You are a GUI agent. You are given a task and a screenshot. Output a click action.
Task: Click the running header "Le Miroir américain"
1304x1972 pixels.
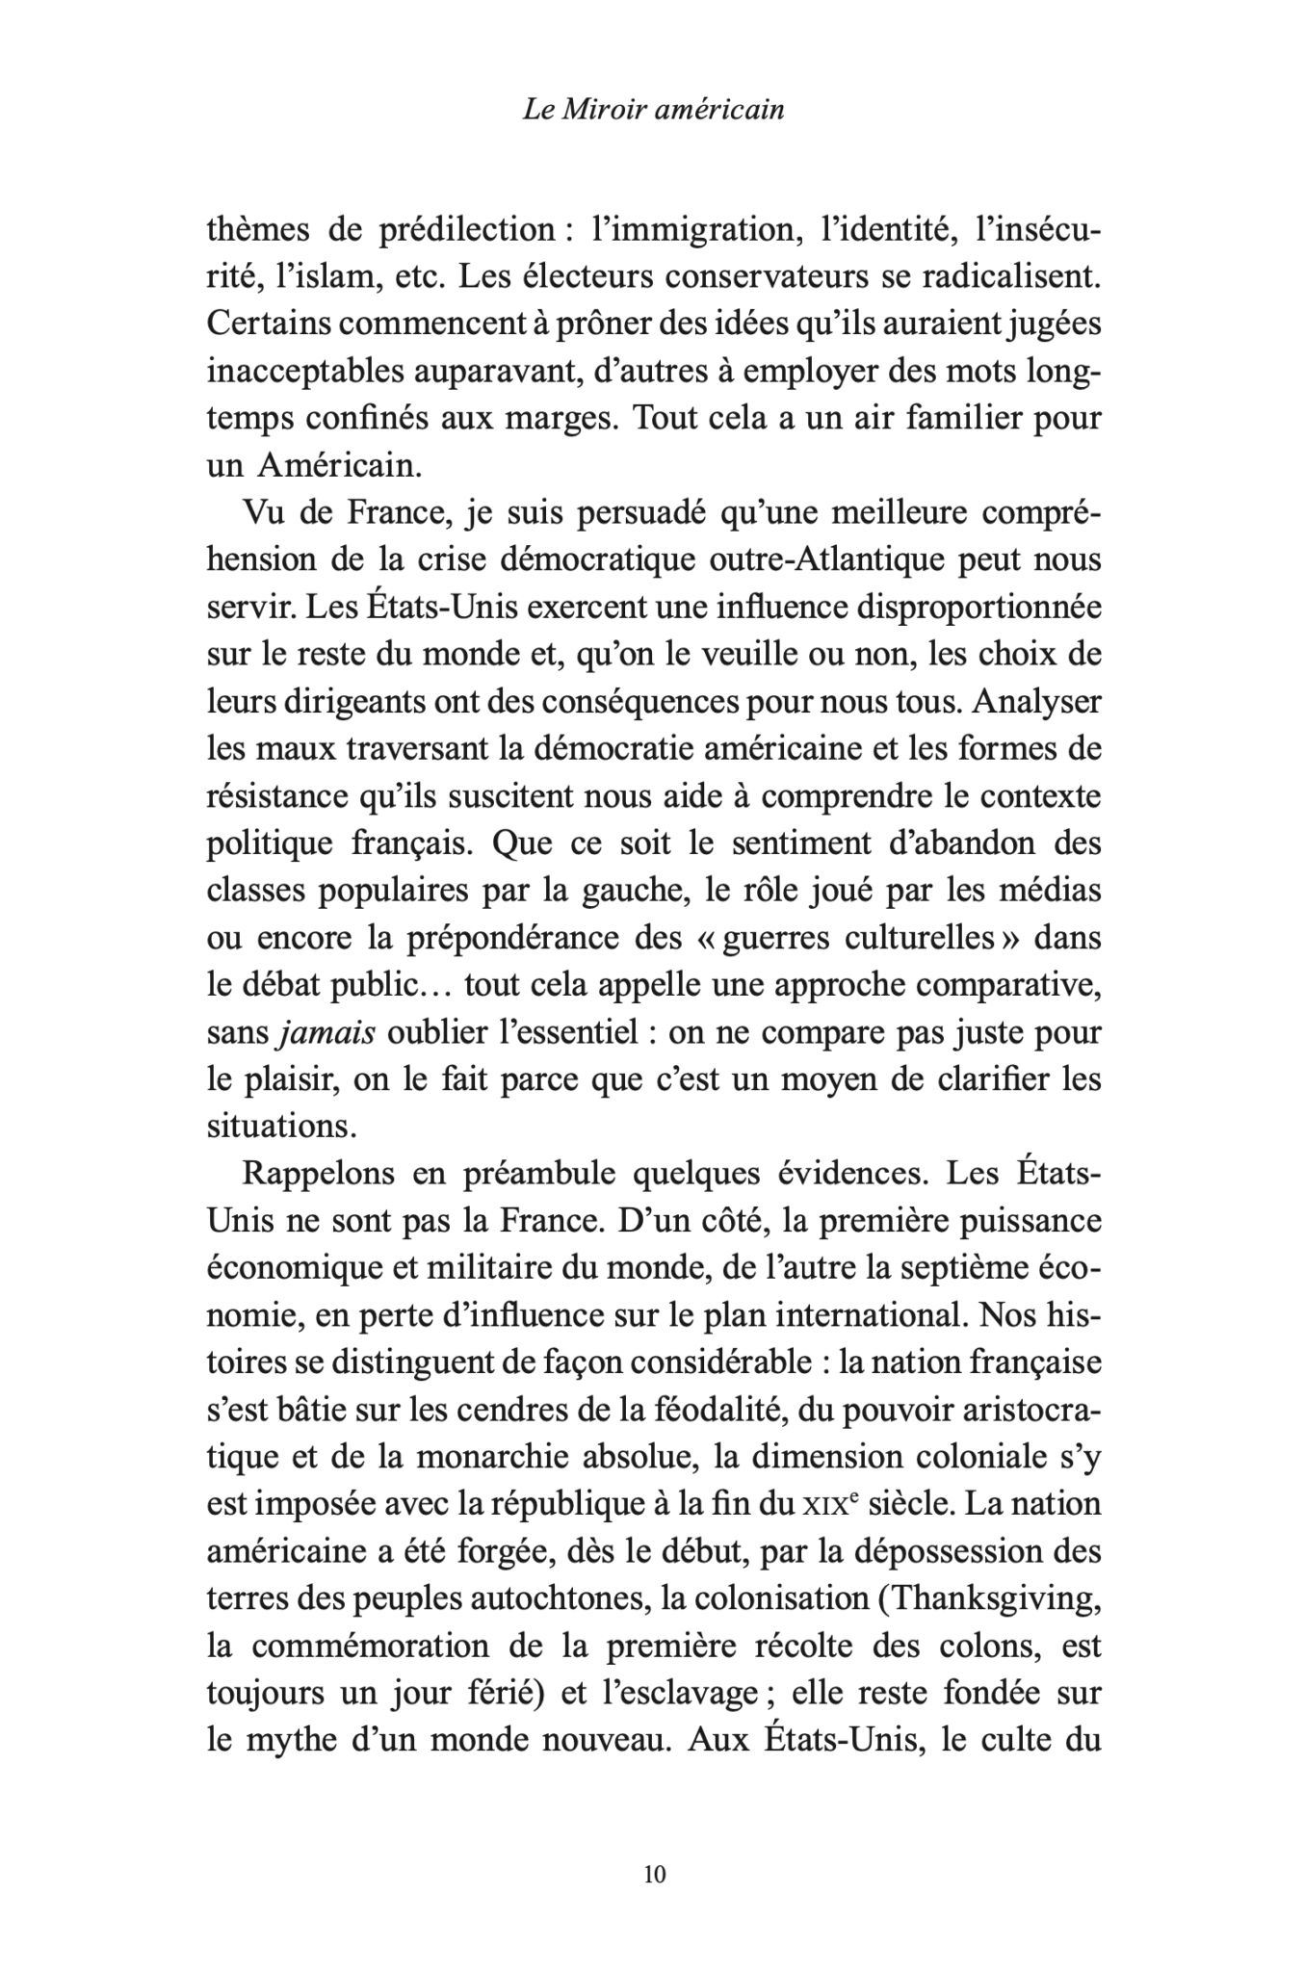pyautogui.click(x=653, y=110)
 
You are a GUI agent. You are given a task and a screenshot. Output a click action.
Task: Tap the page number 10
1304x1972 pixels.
pyautogui.click(x=653, y=1874)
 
